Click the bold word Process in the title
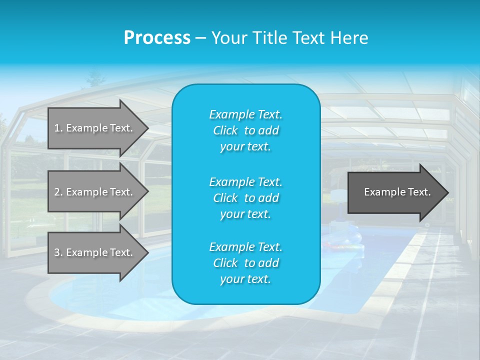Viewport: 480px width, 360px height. (157, 38)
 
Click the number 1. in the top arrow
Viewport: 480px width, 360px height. (58, 128)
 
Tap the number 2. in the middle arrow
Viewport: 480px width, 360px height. (58, 192)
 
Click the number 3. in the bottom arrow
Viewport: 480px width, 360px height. (58, 252)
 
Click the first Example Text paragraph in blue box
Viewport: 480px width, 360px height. (245, 130)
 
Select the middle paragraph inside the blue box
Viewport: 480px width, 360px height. (245, 198)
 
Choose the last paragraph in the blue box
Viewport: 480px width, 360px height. (245, 263)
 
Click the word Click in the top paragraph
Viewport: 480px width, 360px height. (225, 131)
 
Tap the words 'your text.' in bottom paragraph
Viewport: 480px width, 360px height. (245, 279)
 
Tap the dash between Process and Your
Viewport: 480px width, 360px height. (200, 38)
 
